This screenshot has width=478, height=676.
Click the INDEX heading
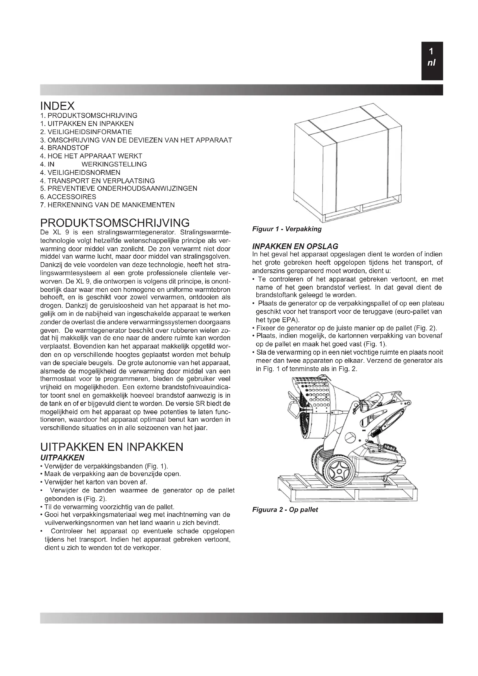[x=58, y=106]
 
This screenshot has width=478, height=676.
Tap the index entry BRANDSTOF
[x=65, y=148]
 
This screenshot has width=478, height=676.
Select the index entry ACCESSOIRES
[x=68, y=197]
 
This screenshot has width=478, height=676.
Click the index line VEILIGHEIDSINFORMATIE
[x=86, y=132]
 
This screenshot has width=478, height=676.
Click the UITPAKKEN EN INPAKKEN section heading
[x=112, y=447]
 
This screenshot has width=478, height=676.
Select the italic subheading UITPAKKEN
[x=62, y=458]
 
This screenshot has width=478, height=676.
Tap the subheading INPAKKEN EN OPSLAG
[x=295, y=246]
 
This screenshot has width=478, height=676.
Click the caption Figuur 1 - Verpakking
[x=287, y=229]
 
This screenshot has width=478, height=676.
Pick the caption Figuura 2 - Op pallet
[x=285, y=510]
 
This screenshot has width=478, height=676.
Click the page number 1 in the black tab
[x=431, y=52]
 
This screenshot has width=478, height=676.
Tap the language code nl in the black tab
[x=431, y=63]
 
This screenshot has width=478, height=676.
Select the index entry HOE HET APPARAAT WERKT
[x=91, y=156]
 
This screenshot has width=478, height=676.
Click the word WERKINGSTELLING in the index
[x=114, y=164]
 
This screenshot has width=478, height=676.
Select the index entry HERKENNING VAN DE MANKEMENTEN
[x=108, y=205]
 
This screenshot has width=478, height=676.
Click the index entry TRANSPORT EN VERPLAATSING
[x=97, y=181]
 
